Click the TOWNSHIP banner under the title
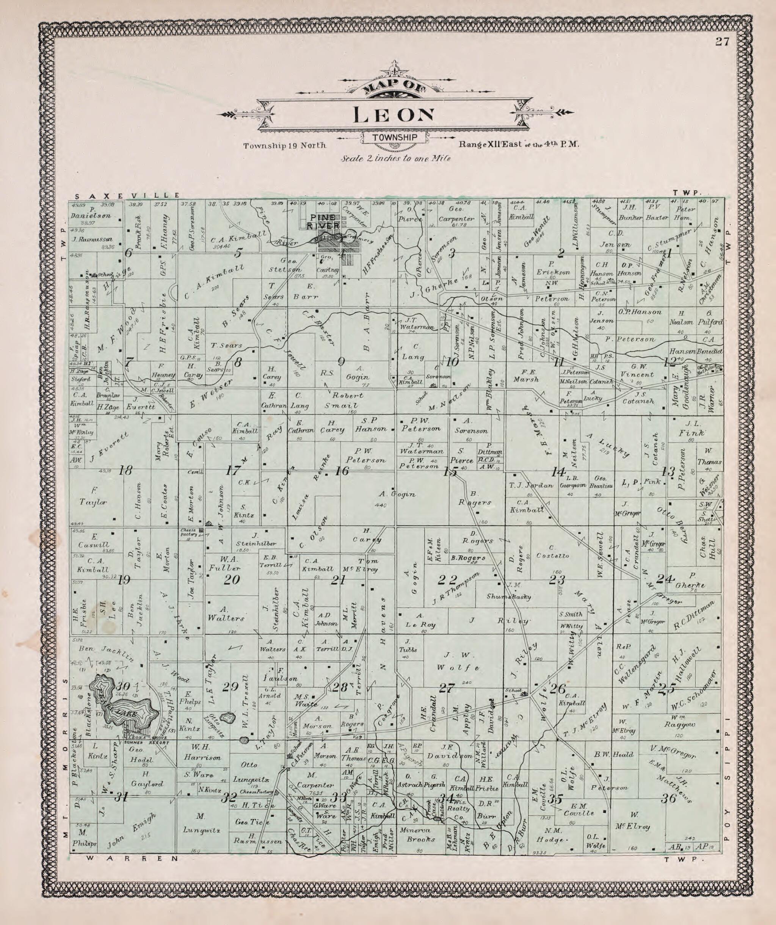(x=394, y=138)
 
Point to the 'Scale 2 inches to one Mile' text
(x=395, y=158)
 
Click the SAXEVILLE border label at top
(x=128, y=195)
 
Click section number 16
(x=342, y=471)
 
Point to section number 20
(x=231, y=580)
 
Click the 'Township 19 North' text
(x=285, y=146)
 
